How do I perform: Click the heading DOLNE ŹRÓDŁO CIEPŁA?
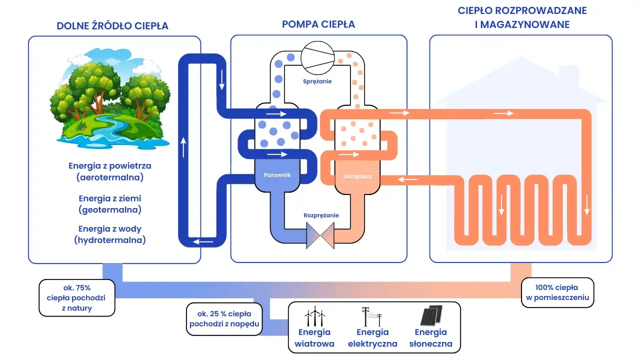pos(112,26)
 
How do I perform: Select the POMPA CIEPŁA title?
pos(318,24)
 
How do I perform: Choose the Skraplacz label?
pos(357,176)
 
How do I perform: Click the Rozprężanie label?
pos(321,215)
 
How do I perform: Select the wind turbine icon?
pos(314,317)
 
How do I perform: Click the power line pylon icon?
pos(372,316)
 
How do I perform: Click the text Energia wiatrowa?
pos(314,338)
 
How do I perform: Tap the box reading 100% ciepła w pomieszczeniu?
pos(557,292)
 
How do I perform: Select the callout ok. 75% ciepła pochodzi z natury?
pos(77,298)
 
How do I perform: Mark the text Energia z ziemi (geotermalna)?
pos(110,204)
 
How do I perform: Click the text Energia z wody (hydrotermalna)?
pos(110,234)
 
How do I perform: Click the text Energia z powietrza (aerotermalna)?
pos(110,171)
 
